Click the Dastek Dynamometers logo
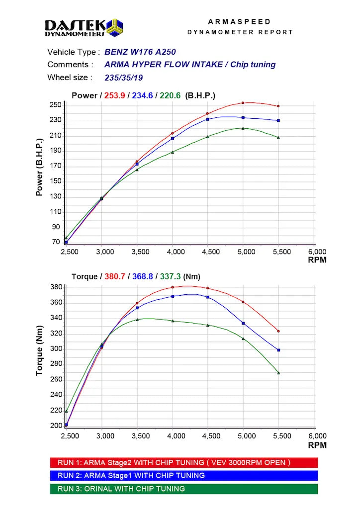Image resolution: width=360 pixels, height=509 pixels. coord(84,27)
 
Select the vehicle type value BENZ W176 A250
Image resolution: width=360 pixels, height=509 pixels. coord(140,52)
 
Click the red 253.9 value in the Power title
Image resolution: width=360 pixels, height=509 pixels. coord(114,95)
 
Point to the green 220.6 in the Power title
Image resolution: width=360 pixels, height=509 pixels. coord(171,95)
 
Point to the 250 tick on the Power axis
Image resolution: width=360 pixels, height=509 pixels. coord(55,105)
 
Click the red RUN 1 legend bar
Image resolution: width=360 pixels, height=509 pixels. coord(184,463)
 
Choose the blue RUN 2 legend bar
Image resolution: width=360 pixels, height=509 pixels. coord(184,476)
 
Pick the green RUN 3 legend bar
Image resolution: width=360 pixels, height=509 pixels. coord(184,489)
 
